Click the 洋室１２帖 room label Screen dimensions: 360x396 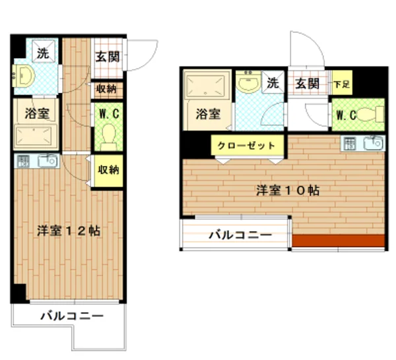click(x=69, y=231)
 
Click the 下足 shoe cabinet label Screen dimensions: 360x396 click(x=341, y=84)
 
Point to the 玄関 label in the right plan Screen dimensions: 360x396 click(x=307, y=84)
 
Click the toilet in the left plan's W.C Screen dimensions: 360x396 click(x=109, y=136)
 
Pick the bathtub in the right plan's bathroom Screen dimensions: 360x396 click(x=207, y=86)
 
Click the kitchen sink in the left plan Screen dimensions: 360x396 click(x=48, y=160)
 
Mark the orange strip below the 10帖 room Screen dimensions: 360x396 click(x=338, y=241)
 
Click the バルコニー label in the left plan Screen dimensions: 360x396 click(x=71, y=316)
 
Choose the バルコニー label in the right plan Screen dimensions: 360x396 click(x=241, y=234)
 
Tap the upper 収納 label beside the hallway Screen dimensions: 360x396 click(x=107, y=89)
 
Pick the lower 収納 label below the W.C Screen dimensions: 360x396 click(x=108, y=170)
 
